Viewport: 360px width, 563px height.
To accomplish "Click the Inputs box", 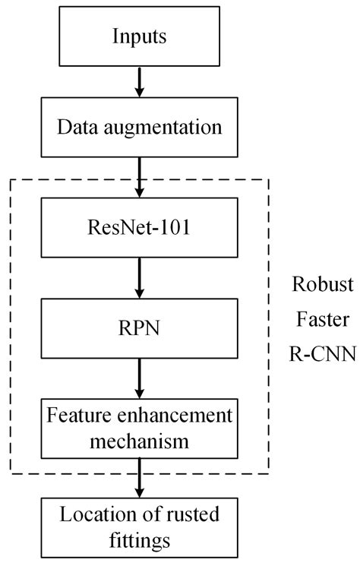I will [138, 36].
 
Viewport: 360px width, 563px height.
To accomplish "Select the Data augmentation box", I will [138, 126].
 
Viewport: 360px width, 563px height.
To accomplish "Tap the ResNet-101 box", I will [138, 226].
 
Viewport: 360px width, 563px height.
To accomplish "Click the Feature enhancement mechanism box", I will [138, 427].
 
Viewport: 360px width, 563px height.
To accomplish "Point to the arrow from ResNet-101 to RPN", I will [138, 277].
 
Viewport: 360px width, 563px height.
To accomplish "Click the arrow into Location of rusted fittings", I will [138, 477].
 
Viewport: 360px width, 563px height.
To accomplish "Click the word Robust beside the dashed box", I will [323, 286].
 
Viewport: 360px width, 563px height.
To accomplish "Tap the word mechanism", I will [138, 438].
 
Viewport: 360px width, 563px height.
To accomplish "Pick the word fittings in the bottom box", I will [138, 540].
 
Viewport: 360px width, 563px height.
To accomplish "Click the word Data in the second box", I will [74, 126].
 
